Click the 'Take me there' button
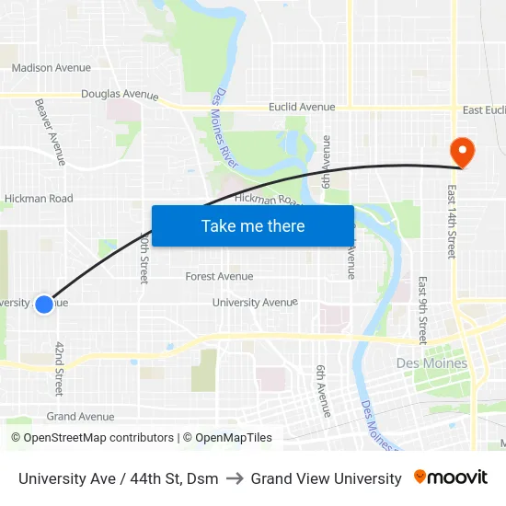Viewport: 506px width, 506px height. (253, 225)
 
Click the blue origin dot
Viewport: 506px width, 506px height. (43, 303)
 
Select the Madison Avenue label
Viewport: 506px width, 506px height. (52, 67)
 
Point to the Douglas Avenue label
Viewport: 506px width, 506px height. (120, 95)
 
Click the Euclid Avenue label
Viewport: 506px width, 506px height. (302, 108)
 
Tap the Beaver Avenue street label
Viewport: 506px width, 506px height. (51, 132)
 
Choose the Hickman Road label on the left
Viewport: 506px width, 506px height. (39, 198)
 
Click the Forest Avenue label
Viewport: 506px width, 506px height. (219, 276)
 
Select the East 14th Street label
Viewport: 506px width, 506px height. (452, 221)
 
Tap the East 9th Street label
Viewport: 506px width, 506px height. (422, 310)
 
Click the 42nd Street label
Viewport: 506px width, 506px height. (60, 368)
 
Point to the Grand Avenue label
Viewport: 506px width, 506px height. (81, 417)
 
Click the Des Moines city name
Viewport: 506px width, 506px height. (431, 363)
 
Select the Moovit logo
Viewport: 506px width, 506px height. (451, 477)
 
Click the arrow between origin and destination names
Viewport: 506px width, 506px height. (235, 478)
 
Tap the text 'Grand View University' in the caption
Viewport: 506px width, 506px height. (326, 478)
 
